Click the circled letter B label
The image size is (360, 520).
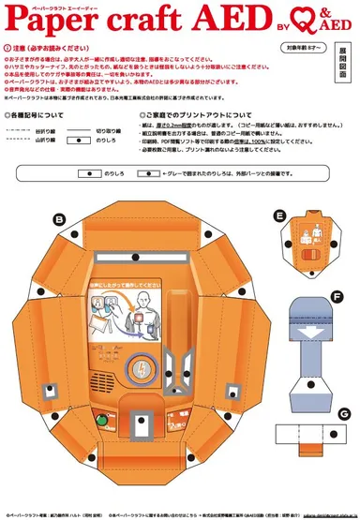click(59, 218)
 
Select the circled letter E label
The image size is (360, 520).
click(280, 215)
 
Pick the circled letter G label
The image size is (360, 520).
click(345, 413)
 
